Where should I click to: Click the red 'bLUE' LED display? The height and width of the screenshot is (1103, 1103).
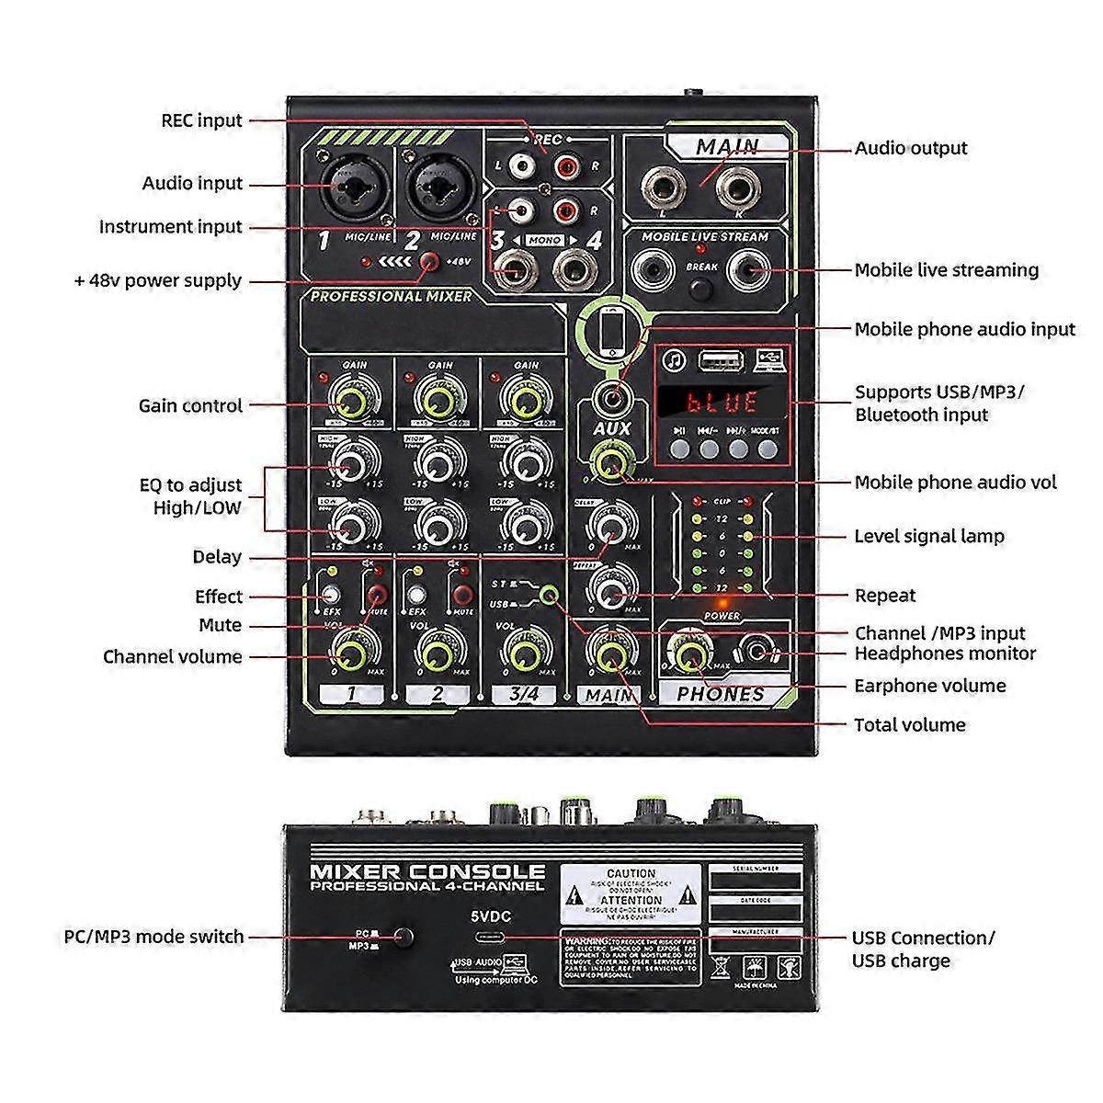point(722,402)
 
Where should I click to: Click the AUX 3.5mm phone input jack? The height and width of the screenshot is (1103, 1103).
point(611,397)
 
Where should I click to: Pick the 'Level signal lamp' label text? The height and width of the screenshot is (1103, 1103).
point(928,536)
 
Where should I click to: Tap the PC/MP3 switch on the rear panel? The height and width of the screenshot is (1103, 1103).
point(402,938)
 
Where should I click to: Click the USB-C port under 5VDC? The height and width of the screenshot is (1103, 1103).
point(490,938)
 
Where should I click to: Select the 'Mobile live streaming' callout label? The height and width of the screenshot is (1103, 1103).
point(946,270)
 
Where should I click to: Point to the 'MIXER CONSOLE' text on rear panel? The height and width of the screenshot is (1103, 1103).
point(427,871)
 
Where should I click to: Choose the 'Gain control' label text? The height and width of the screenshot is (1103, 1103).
point(190,405)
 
